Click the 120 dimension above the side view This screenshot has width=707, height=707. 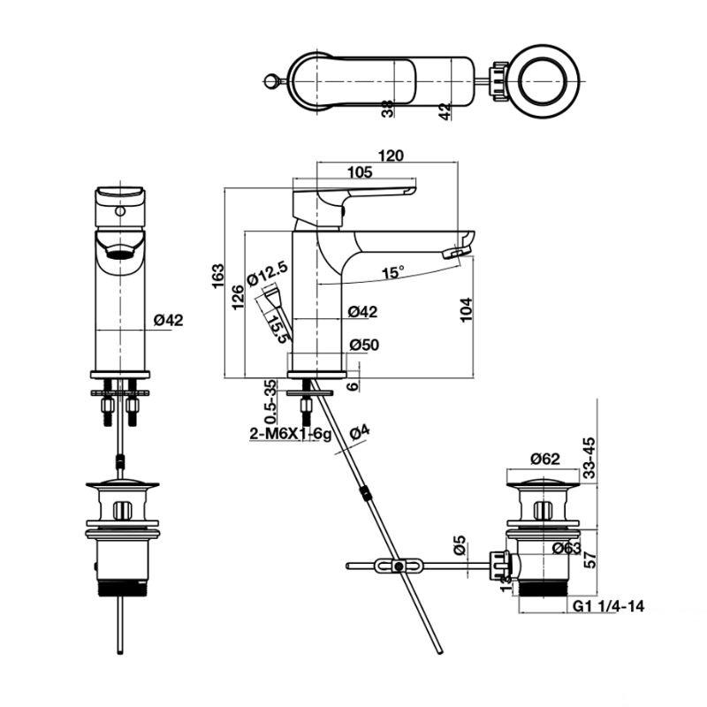click(391, 156)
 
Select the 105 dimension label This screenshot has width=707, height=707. click(358, 173)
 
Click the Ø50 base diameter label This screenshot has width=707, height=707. click(363, 345)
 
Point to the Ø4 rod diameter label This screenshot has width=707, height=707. click(359, 433)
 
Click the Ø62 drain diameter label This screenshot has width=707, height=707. click(545, 458)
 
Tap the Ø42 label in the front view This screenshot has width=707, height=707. click(168, 321)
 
